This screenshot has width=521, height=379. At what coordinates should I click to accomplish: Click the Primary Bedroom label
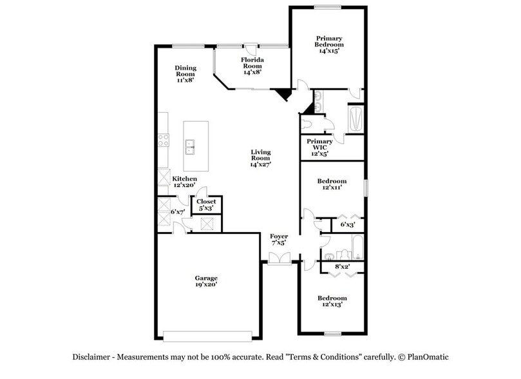click(x=328, y=44)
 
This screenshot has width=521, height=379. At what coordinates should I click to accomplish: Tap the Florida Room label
click(x=251, y=66)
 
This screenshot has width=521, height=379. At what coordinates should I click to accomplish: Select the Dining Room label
click(x=185, y=73)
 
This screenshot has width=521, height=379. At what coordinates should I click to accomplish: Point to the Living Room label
click(x=260, y=158)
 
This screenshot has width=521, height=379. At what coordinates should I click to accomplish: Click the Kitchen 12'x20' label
click(x=184, y=182)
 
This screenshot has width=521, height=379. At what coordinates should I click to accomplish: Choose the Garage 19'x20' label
click(x=206, y=281)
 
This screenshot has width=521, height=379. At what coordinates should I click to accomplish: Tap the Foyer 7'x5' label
click(x=279, y=240)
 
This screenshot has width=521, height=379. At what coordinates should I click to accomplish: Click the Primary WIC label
click(x=319, y=148)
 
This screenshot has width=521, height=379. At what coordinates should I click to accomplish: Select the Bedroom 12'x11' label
click(x=332, y=184)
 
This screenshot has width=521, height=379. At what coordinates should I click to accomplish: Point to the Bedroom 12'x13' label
click(x=332, y=301)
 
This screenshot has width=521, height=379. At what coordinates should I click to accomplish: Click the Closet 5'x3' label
click(x=207, y=205)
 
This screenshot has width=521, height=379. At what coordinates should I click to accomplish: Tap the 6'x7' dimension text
click(x=178, y=211)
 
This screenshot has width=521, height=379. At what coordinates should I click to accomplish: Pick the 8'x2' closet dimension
click(x=341, y=266)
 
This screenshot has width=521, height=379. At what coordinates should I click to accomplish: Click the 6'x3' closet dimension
click(x=348, y=224)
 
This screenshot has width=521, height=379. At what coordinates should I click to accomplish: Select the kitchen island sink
click(x=191, y=148)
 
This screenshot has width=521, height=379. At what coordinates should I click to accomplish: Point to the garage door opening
click(x=207, y=335)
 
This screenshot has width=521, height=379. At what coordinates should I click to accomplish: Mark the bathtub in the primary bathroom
click(x=355, y=119)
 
